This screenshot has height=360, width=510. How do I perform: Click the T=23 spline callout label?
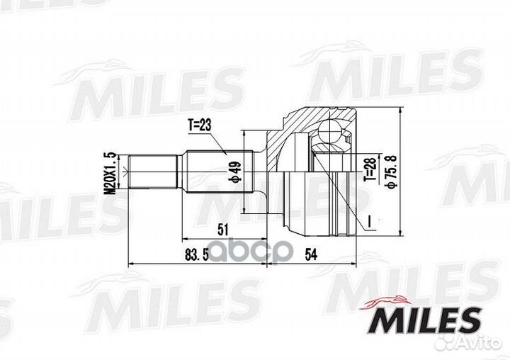[199, 125]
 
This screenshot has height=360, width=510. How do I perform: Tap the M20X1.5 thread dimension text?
[112, 173]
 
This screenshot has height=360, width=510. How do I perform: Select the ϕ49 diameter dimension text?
[236, 171]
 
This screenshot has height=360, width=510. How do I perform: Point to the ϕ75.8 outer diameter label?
[392, 172]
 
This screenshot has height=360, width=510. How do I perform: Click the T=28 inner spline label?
[371, 169]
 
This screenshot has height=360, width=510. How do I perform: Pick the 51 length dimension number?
[222, 230]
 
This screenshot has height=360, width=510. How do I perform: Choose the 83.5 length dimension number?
[197, 255]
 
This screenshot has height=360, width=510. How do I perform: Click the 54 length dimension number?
[311, 254]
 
